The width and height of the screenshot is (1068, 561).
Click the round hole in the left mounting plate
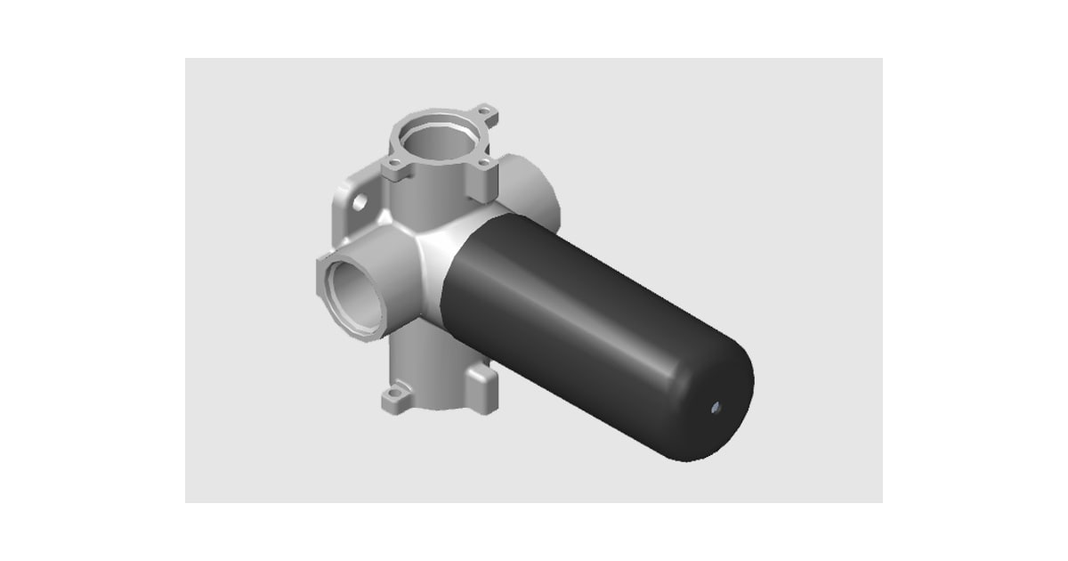pos(359,203)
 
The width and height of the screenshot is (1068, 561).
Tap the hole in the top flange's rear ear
pos(485,112)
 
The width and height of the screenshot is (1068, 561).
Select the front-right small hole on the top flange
pos(483,164)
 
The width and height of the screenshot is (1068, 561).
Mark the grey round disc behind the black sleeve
pos(534,191)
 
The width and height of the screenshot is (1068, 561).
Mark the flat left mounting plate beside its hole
pos(347,223)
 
